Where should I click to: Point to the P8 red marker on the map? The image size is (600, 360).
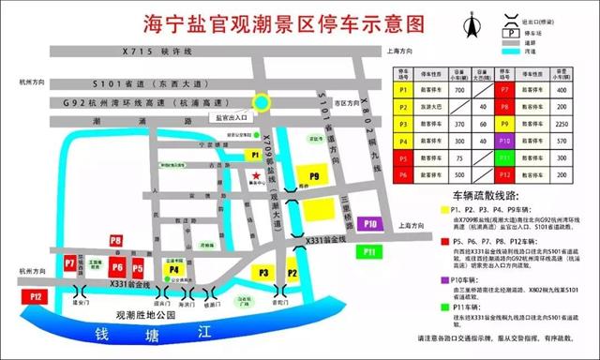coord(116,241)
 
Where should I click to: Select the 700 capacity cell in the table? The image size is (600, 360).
coord(459,90)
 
